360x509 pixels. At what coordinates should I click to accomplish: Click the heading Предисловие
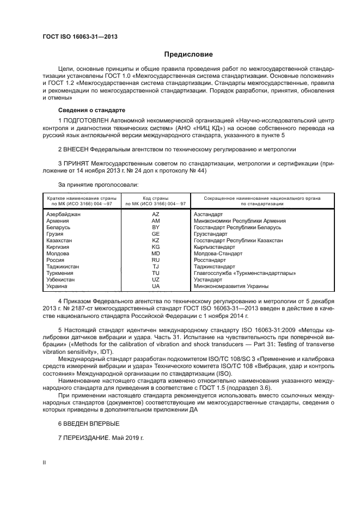188,54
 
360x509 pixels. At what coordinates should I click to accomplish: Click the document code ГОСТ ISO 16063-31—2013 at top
80,37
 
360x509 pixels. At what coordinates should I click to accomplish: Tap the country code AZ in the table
155,214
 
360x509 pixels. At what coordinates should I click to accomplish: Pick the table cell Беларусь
59,228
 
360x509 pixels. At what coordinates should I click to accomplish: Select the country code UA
155,286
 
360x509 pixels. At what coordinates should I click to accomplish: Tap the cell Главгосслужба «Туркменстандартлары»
245,273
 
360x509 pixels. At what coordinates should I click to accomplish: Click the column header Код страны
155,198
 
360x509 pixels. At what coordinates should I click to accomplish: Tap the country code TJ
155,267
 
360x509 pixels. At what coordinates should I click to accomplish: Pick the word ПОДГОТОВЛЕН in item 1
84,119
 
